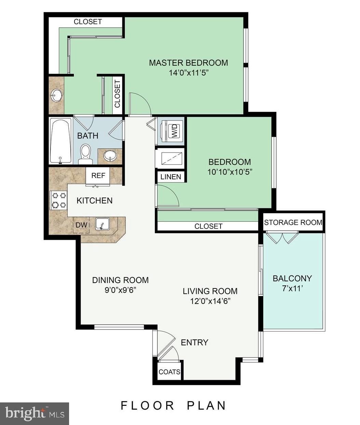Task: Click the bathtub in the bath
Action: (61, 141)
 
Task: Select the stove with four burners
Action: (58, 201)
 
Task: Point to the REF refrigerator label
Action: (98, 176)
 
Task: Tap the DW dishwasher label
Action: (81, 225)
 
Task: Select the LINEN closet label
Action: (171, 177)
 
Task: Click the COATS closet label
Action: (169, 372)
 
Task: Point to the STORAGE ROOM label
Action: (293, 222)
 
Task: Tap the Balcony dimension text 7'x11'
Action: (292, 288)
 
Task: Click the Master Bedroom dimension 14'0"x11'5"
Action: (188, 73)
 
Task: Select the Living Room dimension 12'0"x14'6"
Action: (210, 301)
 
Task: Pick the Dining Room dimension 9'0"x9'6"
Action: (120, 290)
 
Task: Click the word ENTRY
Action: (194, 343)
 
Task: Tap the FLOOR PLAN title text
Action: (173, 405)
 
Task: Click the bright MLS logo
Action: (34, 413)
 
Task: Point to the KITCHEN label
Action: (94, 201)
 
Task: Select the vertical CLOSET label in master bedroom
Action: (117, 94)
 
